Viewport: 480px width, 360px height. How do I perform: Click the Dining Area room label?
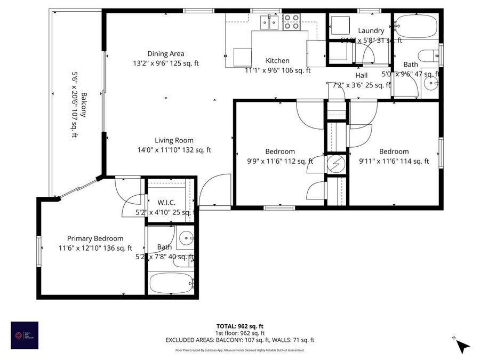pyautogui.click(x=166, y=53)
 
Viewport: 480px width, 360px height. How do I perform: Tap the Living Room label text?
pyautogui.click(x=174, y=141)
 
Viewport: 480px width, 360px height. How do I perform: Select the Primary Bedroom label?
pyautogui.click(x=95, y=238)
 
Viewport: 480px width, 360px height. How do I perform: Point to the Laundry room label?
pyautogui.click(x=371, y=31)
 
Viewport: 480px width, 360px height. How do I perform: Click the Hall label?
pyautogui.click(x=361, y=75)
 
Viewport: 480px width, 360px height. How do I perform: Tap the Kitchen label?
pyautogui.click(x=277, y=61)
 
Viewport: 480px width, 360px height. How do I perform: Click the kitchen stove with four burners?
pyautogui.click(x=291, y=22)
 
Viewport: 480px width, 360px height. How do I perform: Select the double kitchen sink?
pyautogui.click(x=269, y=22)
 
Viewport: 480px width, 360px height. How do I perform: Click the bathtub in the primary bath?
pyautogui.click(x=170, y=281)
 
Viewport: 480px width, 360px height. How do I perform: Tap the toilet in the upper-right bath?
pyautogui.click(x=428, y=55)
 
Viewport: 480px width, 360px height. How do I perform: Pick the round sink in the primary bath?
pyautogui.click(x=185, y=239)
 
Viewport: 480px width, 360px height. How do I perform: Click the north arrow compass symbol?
pyautogui.click(x=462, y=345)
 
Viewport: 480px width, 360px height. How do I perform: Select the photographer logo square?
pyautogui.click(x=25, y=335)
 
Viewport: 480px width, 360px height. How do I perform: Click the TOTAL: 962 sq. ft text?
pyautogui.click(x=239, y=326)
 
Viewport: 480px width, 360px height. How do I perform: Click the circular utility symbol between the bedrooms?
pyautogui.click(x=335, y=164)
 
